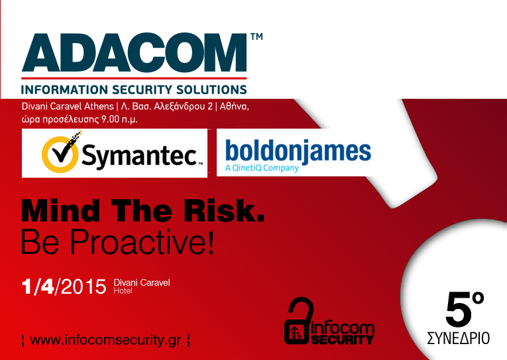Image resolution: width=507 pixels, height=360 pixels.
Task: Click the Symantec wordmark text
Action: [139, 156]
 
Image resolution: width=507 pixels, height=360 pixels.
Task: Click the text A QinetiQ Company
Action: [262, 168]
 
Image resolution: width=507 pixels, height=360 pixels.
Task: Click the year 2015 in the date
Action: [83, 286]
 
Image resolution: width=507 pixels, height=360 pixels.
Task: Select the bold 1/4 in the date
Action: [38, 286]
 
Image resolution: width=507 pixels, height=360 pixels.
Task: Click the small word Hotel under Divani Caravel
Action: [123, 291]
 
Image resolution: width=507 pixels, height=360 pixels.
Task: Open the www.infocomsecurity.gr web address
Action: [106, 341]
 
